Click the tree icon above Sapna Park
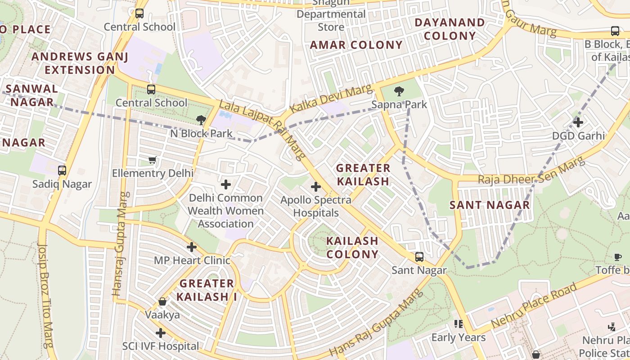[x=399, y=92]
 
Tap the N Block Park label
[x=201, y=133]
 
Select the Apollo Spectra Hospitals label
[x=316, y=207]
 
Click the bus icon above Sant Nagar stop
[x=419, y=257]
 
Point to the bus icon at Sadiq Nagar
[x=62, y=171]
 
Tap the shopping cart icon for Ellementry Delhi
[x=153, y=160]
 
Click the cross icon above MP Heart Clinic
[x=192, y=247]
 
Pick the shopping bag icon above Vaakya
[x=162, y=301]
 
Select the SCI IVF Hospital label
[x=161, y=346]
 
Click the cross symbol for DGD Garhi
[x=578, y=122]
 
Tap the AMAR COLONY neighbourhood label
[x=356, y=45]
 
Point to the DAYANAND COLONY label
[x=450, y=29]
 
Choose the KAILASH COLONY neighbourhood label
[x=352, y=247]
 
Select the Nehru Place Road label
[x=534, y=306]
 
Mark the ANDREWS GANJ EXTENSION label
[x=80, y=63]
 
